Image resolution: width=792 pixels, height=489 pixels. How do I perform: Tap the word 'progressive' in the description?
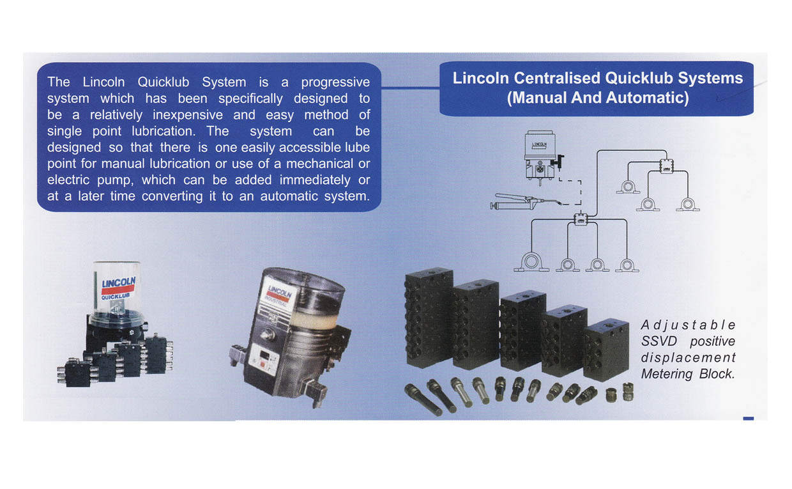click(335, 82)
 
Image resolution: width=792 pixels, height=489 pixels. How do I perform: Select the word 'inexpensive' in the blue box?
click(188, 115)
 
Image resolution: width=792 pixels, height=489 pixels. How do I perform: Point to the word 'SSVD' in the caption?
click(659, 341)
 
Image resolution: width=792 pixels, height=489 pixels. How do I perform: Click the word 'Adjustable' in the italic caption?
click(688, 325)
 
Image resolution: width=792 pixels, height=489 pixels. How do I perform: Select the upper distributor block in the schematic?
click(666, 166)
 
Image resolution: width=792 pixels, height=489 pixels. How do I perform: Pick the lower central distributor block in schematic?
click(581, 219)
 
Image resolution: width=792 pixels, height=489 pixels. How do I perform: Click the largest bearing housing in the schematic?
click(531, 262)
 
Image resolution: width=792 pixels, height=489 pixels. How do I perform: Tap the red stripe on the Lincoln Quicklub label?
click(118, 290)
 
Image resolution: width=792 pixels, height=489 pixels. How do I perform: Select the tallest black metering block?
click(429, 318)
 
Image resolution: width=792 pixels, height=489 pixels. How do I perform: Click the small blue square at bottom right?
click(748, 419)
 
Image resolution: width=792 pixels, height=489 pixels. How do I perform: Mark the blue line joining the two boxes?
click(410, 87)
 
